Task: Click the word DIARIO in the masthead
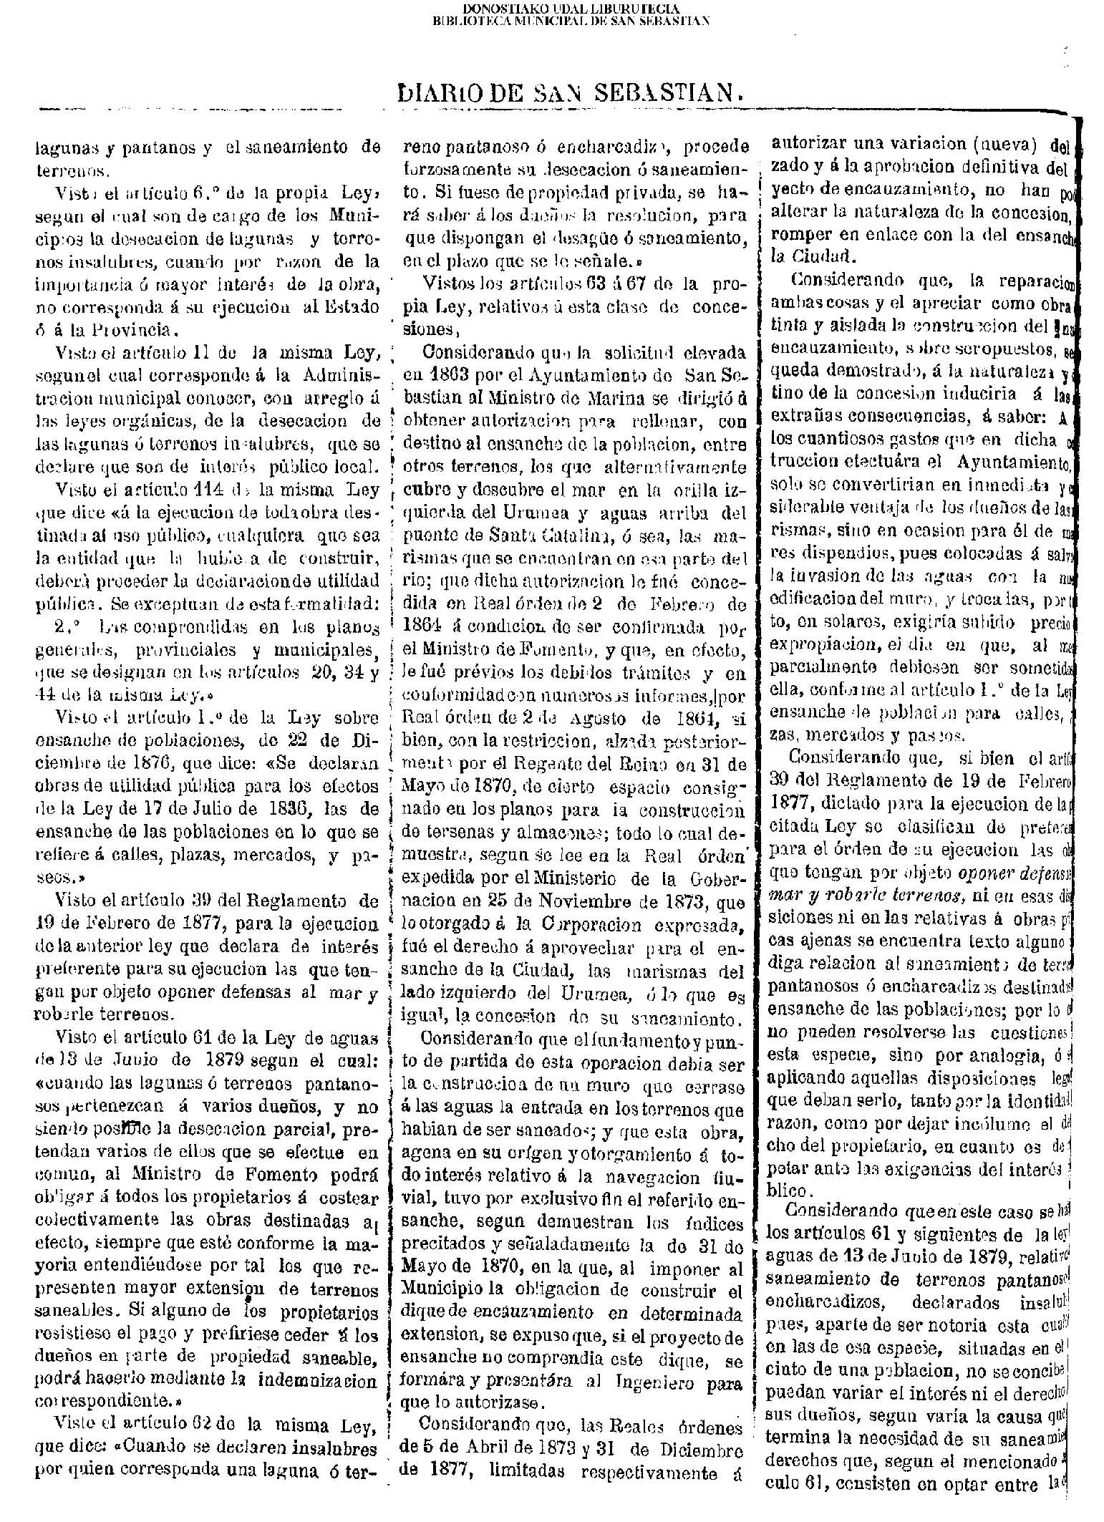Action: tap(443, 92)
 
